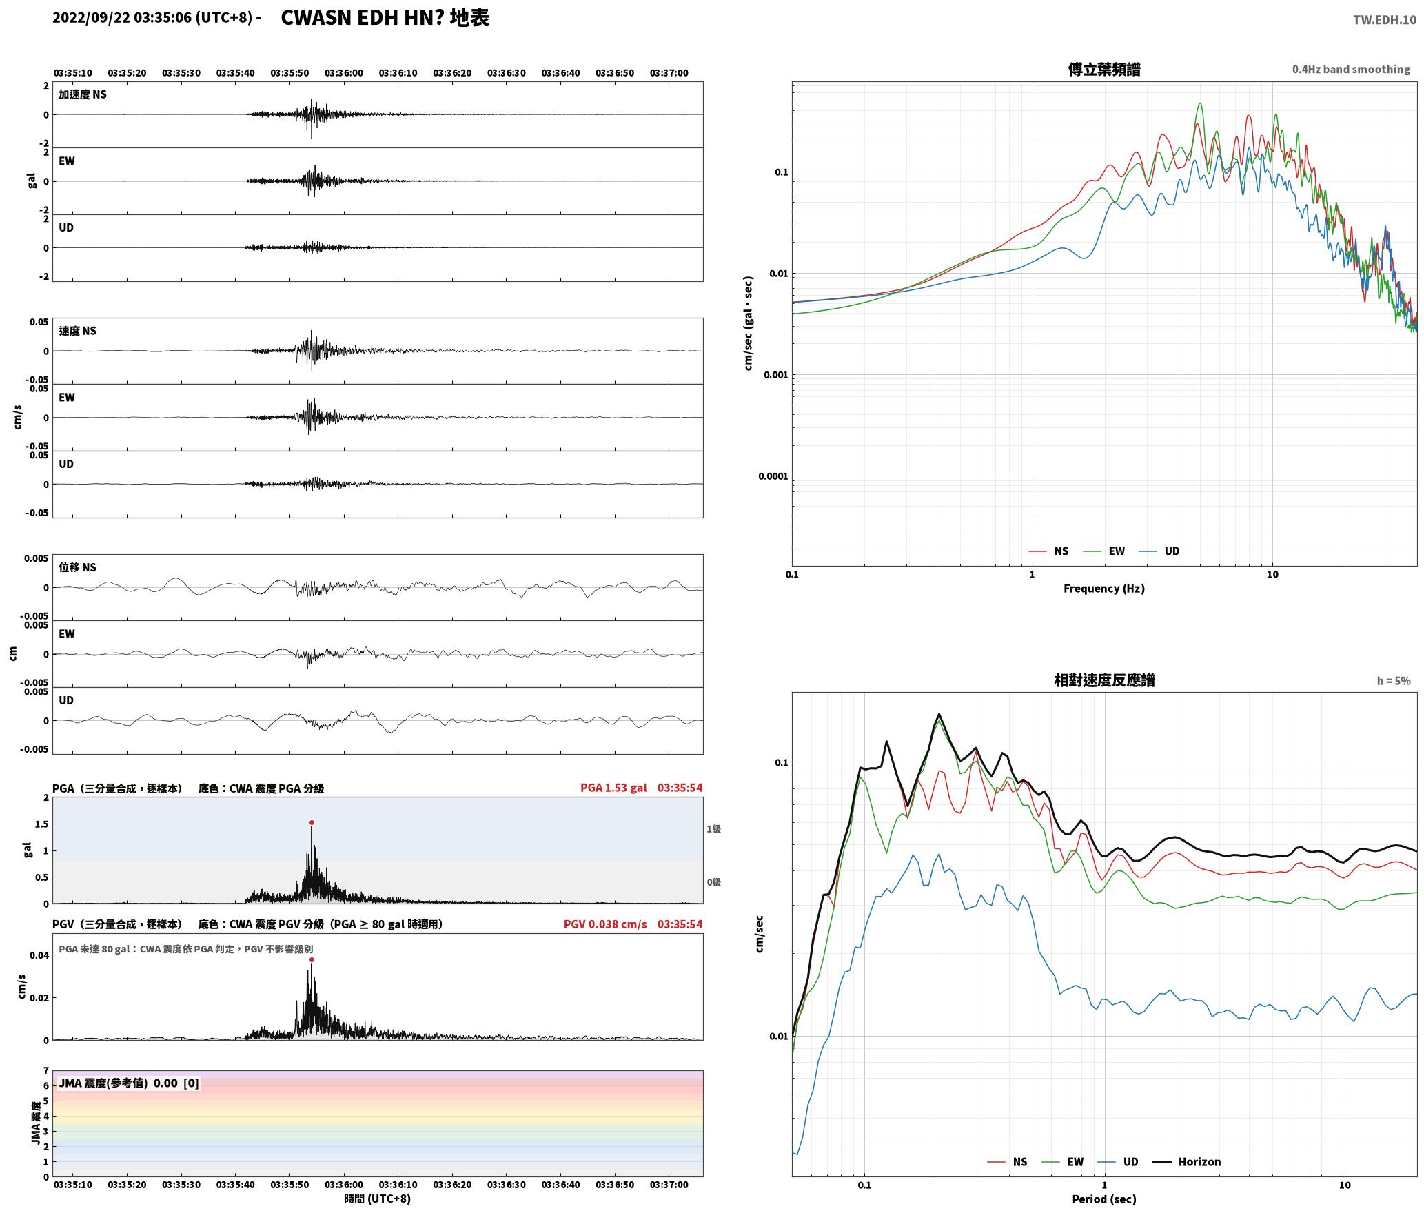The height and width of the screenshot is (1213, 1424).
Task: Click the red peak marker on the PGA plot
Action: (312, 822)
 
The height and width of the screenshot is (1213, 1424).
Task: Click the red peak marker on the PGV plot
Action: (312, 959)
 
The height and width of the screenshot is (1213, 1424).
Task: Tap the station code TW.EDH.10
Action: (1384, 19)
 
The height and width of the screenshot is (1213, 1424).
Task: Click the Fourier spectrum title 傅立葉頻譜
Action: (1103, 69)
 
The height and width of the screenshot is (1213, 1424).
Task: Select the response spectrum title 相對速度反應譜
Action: (1104, 680)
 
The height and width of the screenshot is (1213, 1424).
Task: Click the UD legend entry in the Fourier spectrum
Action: (1159, 551)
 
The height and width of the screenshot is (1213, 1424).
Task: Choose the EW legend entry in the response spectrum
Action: (1065, 1161)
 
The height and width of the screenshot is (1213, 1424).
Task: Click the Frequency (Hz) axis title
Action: (1103, 588)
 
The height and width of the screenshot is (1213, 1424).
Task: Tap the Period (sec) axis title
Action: (1103, 1199)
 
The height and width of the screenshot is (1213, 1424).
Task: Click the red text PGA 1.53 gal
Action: (613, 787)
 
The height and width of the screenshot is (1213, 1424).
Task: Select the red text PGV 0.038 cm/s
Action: (605, 924)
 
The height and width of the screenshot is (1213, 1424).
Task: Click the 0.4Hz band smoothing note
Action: (1351, 69)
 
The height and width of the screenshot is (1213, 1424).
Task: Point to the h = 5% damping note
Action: (1394, 680)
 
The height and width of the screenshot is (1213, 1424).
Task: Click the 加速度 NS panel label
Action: (83, 94)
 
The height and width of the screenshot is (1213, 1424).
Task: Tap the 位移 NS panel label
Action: (77, 567)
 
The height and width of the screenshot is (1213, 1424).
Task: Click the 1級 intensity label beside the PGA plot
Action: (713, 828)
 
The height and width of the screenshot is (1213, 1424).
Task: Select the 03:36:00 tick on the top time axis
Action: (343, 72)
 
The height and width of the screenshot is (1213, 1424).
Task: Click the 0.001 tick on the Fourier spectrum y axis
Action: (775, 375)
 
